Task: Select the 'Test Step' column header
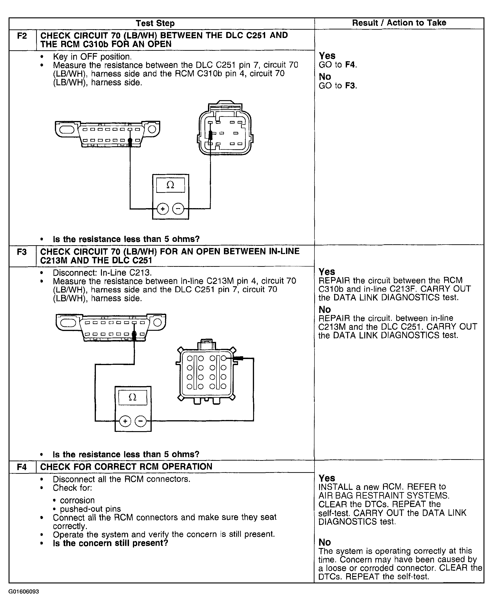[x=155, y=23]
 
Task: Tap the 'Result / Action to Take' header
[x=399, y=23]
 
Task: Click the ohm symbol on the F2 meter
[x=170, y=185]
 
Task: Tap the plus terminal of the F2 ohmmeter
[x=163, y=209]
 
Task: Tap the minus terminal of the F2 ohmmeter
[x=178, y=209]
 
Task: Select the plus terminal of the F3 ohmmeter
[x=125, y=421]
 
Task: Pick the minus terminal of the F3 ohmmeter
[x=141, y=421]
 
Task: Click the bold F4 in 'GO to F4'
[x=350, y=65]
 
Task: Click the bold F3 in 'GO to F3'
[x=350, y=86]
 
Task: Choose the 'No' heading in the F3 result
[x=325, y=309]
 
